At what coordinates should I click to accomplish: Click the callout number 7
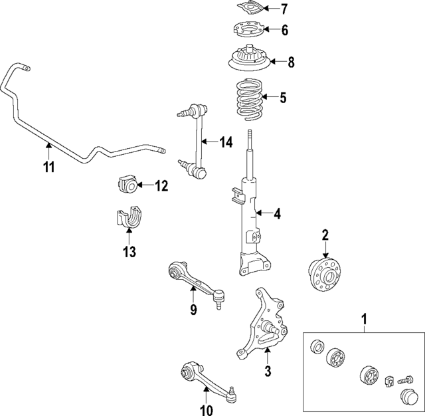point(284,9)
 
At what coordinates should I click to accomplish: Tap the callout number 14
point(226,142)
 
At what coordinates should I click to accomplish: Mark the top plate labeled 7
point(249,9)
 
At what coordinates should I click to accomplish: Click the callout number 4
point(278,214)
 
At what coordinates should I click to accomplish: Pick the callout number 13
point(128,252)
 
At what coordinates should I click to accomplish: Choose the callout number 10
point(206,410)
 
